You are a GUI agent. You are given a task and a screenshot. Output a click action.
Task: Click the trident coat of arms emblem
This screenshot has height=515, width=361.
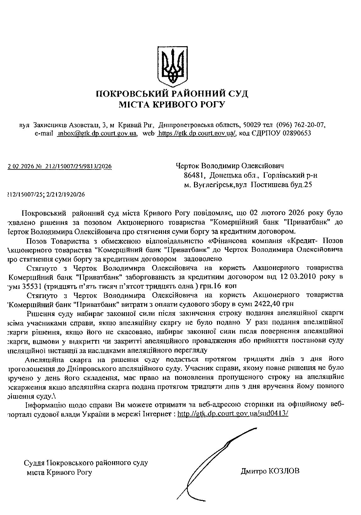click(x=172, y=66)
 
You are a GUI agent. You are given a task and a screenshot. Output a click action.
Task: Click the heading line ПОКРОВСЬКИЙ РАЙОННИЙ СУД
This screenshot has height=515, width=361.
click(x=172, y=94)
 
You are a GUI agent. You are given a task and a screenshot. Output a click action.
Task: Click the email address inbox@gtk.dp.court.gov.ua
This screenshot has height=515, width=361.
click(x=97, y=133)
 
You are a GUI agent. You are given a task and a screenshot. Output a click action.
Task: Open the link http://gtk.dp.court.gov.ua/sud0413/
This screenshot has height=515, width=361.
click(x=233, y=414)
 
